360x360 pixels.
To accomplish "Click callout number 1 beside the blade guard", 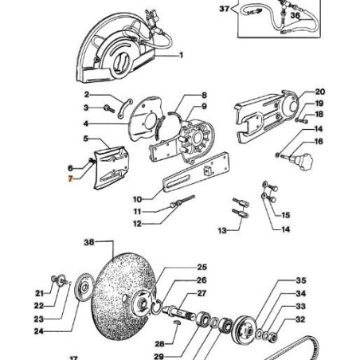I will (x=181, y=55).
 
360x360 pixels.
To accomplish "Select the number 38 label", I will (x=89, y=242).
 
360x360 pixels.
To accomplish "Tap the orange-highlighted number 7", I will (x=70, y=181).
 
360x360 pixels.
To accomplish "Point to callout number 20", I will (x=319, y=92).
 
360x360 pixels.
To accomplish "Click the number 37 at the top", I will (x=223, y=10).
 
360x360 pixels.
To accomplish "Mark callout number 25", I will (x=202, y=267).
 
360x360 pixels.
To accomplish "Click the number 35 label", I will (x=300, y=281).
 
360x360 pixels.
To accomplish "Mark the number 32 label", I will (x=300, y=319).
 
